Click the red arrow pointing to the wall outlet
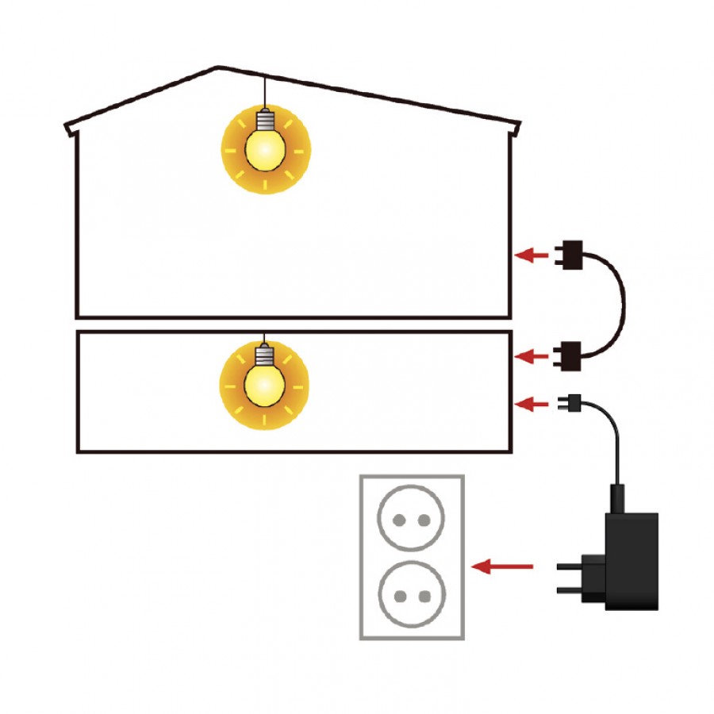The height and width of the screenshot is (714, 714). click(502, 566)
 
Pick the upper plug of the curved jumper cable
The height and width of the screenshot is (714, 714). click(578, 255)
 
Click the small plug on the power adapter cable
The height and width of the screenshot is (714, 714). click(570, 403)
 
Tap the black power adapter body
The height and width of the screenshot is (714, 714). click(631, 560)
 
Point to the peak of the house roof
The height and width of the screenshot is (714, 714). click(218, 67)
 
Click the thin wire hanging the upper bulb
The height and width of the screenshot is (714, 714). click(266, 92)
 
